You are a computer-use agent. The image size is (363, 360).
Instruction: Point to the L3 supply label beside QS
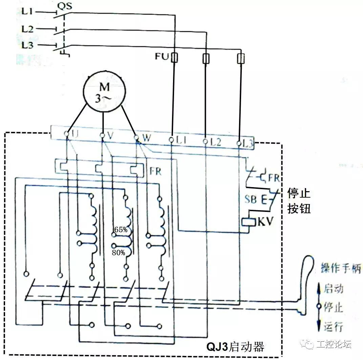coord(27,45)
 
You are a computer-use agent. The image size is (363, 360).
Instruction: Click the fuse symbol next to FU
coord(174,58)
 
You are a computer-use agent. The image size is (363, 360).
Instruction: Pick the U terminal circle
coord(67,135)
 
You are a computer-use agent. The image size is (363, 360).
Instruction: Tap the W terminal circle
coord(136,138)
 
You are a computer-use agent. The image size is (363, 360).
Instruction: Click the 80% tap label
coord(119,253)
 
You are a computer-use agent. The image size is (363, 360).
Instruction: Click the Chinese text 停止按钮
coord(299,201)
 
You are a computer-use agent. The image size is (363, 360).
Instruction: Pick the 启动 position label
coord(334,288)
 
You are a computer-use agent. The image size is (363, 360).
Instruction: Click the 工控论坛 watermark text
coord(334,345)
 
